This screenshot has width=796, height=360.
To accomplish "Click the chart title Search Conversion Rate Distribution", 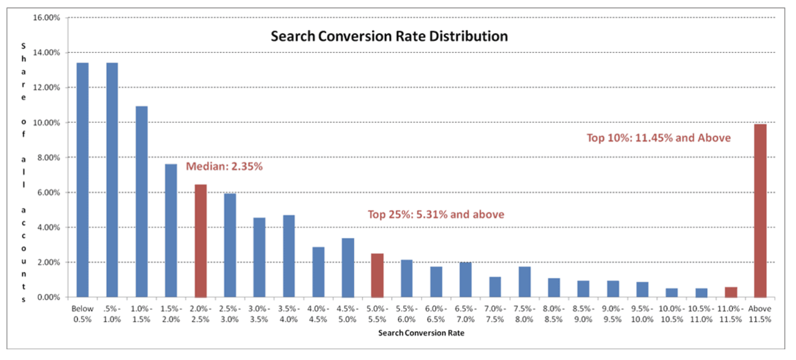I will [x=389, y=36].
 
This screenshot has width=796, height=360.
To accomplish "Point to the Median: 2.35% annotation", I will [x=224, y=166].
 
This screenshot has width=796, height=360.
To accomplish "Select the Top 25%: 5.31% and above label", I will [x=436, y=215].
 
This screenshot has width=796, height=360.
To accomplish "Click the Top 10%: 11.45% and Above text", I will [x=659, y=138].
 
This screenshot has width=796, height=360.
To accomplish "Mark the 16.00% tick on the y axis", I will [x=47, y=18].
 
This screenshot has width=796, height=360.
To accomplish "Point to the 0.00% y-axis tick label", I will [x=48, y=297].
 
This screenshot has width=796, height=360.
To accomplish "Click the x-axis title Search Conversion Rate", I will [x=421, y=333].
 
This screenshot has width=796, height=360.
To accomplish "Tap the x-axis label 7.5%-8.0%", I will [x=524, y=314].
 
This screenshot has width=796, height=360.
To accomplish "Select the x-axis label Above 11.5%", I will [x=760, y=314].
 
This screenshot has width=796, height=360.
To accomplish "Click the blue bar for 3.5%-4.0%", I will [x=289, y=256].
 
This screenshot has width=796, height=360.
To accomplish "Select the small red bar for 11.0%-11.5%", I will [x=731, y=292].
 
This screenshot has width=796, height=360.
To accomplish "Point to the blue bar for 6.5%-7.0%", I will [x=466, y=280].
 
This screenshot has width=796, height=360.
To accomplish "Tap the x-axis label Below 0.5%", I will [x=82, y=314].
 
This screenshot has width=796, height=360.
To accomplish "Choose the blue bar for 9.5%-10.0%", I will [x=642, y=290].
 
